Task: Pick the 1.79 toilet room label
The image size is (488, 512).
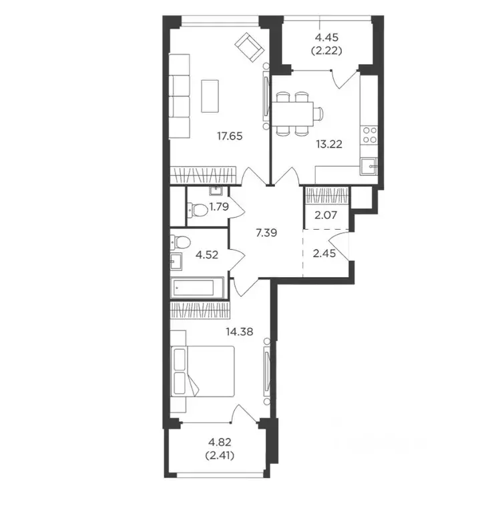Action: (x=218, y=206)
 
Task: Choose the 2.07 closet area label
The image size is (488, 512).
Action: (x=326, y=215)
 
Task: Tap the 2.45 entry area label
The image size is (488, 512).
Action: (x=325, y=253)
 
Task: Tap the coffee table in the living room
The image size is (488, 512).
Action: (x=210, y=97)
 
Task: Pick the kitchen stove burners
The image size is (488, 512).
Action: (x=369, y=137)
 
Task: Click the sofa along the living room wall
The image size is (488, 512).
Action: (x=180, y=96)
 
